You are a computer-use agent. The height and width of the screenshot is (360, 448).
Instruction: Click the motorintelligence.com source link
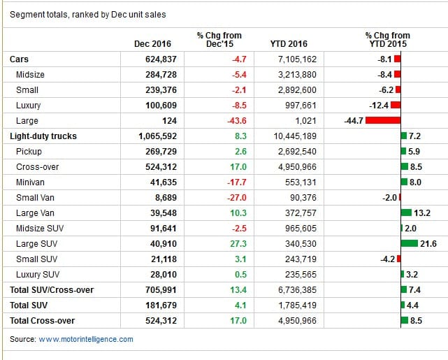point(86,339)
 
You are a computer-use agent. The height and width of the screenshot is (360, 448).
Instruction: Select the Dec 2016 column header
point(152,44)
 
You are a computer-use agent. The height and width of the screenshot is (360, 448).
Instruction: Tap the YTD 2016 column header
point(289,44)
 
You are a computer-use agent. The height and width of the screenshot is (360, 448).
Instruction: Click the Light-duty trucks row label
point(43,136)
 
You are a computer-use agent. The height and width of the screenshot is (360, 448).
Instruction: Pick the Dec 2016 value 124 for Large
point(169,120)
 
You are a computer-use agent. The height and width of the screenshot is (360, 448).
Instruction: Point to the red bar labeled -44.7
point(383,120)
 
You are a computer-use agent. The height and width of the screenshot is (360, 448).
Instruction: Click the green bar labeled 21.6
point(410,243)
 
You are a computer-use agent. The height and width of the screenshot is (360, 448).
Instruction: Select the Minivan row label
point(30,182)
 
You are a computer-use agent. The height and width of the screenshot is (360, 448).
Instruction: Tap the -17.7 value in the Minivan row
point(236,182)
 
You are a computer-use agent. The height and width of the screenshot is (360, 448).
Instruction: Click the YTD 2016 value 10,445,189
point(295,136)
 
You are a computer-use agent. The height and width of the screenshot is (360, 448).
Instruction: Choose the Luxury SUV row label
point(38,275)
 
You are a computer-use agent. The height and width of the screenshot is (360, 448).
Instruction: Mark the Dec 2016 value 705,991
point(161,290)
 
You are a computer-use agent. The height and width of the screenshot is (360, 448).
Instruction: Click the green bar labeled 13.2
point(406,213)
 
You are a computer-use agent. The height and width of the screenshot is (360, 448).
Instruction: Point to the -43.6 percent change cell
point(236,120)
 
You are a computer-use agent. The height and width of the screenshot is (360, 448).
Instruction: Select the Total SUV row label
point(29,305)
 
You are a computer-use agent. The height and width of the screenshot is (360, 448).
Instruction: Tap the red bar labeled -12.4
point(396,105)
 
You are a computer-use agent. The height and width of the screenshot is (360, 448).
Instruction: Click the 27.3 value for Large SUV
point(238,244)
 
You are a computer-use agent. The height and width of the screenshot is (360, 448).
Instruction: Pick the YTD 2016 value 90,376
point(303,198)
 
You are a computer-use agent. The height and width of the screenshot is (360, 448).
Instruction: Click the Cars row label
point(19,59)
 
